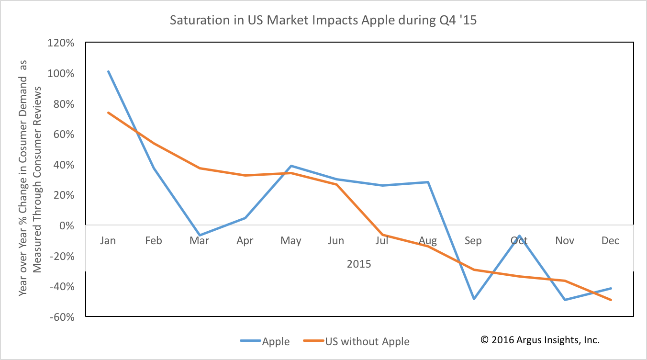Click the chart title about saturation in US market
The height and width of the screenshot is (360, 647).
323,21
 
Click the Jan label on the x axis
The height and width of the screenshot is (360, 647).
108,240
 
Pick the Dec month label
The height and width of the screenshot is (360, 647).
611,240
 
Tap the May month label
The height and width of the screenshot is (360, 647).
290,240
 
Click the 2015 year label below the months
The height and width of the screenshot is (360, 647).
359,264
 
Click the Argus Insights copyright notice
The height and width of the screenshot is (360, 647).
540,340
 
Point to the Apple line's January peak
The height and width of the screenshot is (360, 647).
108,71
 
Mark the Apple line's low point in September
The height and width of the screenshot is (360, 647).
474,299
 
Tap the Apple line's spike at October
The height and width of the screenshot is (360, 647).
519,236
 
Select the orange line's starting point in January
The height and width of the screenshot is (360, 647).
108,112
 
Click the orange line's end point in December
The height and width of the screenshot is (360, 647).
611,300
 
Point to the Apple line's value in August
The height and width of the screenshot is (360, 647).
428,182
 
